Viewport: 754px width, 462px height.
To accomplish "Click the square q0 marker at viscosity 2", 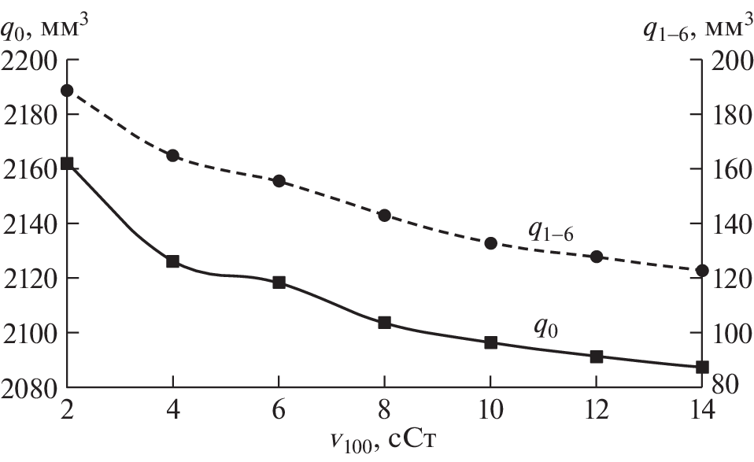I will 67,164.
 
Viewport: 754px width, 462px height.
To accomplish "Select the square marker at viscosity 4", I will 173,261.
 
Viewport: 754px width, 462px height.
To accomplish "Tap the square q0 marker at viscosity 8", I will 385,322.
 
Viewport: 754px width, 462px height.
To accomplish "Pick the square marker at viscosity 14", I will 702,367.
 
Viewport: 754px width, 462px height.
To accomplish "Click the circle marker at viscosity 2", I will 67,91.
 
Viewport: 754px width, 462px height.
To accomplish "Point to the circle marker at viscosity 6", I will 279,181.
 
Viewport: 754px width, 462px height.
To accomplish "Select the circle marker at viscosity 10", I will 490,243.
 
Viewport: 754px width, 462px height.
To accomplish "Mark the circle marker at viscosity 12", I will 597,257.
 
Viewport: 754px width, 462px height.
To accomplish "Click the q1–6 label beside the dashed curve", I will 550,230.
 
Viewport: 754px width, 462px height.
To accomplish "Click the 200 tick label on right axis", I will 728,61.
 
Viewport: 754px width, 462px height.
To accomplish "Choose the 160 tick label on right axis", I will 728,169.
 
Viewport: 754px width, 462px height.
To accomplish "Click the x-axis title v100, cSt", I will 384,442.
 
